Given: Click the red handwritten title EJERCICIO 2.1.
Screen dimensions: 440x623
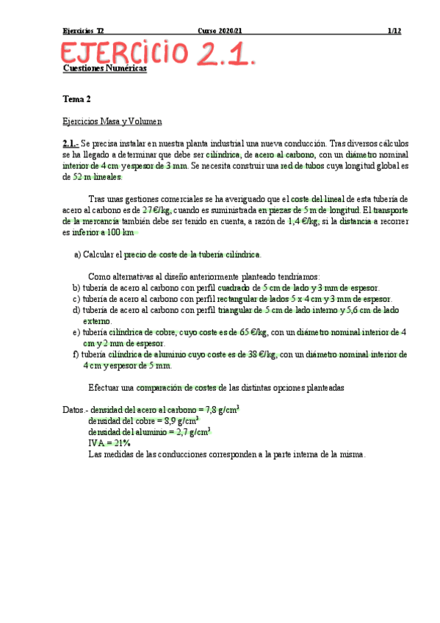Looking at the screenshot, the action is click(x=158, y=54).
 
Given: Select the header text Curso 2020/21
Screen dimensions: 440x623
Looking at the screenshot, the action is click(x=220, y=32).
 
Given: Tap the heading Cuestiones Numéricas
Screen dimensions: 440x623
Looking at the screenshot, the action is click(x=105, y=68).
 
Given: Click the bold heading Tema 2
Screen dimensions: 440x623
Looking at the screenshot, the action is click(x=77, y=98).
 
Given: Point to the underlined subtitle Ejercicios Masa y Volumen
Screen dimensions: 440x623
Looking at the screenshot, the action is click(x=112, y=121).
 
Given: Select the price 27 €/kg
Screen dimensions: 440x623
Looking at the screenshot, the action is click(x=156, y=210).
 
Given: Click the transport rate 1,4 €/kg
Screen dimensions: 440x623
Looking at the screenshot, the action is click(x=303, y=221).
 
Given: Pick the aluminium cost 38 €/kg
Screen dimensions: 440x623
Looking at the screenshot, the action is click(x=262, y=354).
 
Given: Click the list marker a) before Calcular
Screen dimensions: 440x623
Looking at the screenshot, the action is click(x=77, y=254).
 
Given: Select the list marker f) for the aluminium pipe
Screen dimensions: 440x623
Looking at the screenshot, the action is click(x=76, y=354).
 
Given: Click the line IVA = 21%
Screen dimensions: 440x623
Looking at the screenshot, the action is click(x=109, y=443).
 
